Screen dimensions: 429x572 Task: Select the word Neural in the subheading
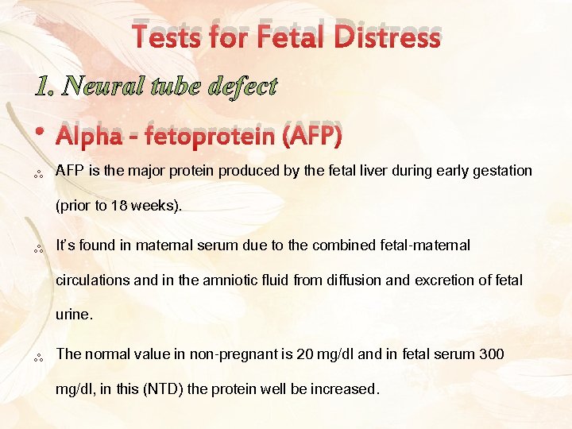[101, 86]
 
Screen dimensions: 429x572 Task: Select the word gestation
[500, 171]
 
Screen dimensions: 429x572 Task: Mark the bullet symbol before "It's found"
[37, 249]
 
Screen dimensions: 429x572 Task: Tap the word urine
[73, 315]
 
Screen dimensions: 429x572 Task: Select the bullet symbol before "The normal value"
[37, 358]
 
